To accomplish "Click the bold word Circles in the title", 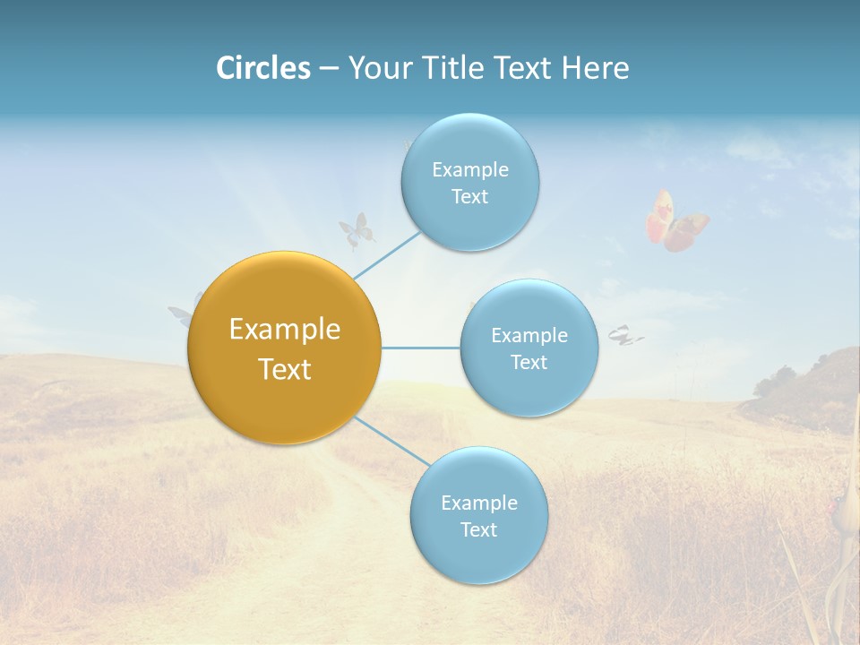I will tap(262, 68).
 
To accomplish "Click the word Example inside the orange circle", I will tap(284, 330).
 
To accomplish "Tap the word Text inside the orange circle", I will tap(284, 369).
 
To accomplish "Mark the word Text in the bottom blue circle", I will tap(478, 529).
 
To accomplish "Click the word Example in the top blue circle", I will tap(469, 170).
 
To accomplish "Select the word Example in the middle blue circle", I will tap(529, 336).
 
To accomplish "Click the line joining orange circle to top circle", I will tap(387, 254).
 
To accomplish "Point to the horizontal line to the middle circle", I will tap(421, 348).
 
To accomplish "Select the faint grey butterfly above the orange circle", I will tap(356, 231).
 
